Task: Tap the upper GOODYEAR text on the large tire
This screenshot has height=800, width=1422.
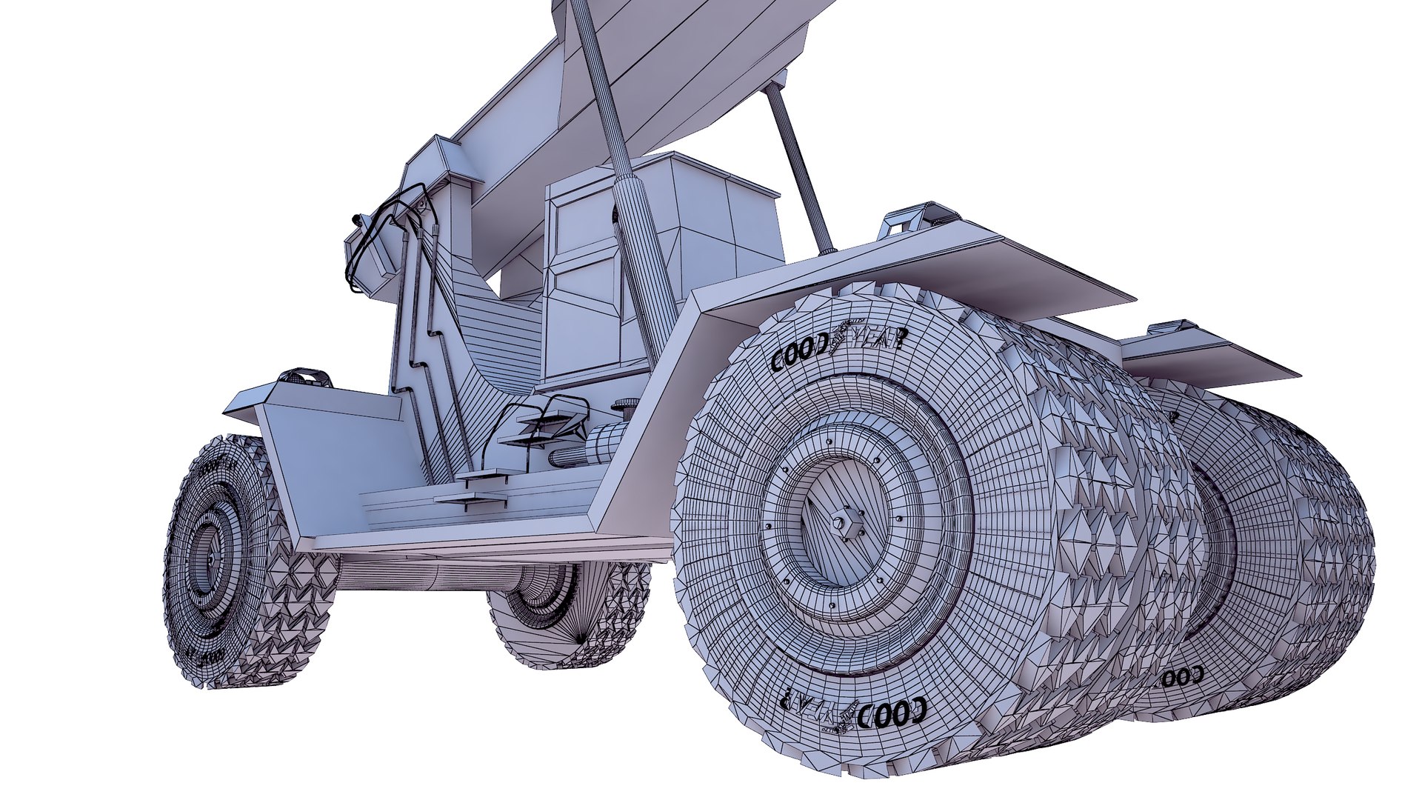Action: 837,348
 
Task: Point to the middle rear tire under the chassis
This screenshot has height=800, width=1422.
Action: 567,615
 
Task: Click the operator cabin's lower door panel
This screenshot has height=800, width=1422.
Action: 581,319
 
